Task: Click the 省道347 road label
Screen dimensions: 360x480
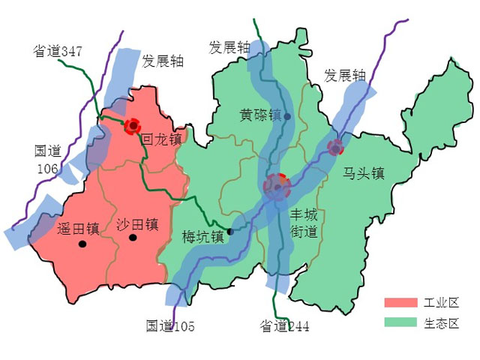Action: (57, 52)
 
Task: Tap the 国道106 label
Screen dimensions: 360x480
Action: (47, 159)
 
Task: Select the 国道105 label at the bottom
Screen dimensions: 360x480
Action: (170, 325)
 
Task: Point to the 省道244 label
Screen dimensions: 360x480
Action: (284, 326)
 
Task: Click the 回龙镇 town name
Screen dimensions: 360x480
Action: (162, 139)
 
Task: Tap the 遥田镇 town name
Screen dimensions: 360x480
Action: (78, 227)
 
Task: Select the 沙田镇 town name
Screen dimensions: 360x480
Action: (137, 224)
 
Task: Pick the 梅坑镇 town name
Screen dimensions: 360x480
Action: (203, 237)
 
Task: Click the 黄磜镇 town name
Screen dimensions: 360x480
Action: (260, 115)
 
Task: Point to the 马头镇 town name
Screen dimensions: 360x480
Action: (364, 173)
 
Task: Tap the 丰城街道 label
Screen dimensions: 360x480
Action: (304, 223)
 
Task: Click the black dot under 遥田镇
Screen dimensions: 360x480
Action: (82, 244)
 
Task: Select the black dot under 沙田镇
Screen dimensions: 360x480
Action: (133, 238)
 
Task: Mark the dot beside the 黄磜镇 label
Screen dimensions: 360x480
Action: (287, 116)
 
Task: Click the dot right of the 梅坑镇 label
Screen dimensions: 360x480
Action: (230, 232)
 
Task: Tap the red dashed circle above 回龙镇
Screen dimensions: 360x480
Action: (133, 125)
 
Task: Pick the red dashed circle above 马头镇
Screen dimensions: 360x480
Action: (335, 147)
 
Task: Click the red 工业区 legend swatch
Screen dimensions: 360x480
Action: (400, 302)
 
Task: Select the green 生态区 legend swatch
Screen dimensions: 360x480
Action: (400, 322)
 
